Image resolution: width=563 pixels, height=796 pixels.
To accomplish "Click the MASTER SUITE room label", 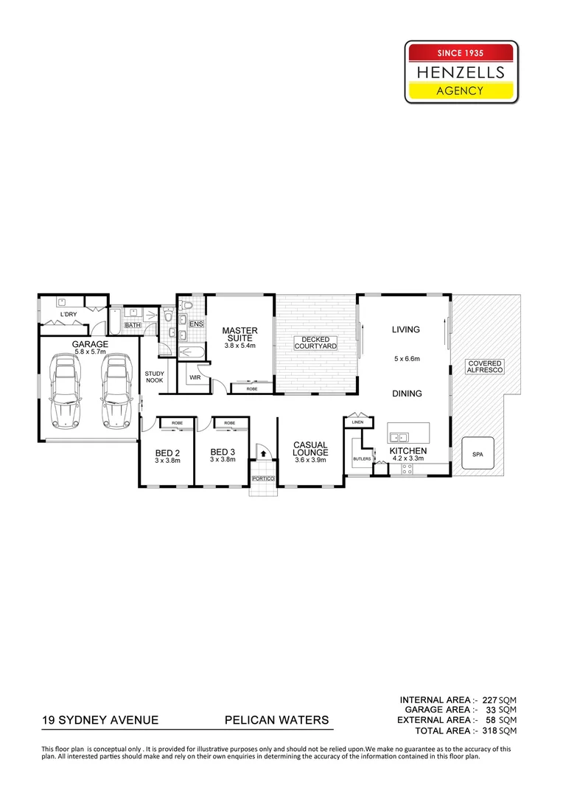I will [x=239, y=335].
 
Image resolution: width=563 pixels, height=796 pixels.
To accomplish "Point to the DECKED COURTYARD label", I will [x=315, y=343].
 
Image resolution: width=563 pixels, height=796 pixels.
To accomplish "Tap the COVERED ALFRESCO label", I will [x=484, y=366].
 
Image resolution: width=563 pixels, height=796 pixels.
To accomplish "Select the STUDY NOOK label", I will [x=155, y=377].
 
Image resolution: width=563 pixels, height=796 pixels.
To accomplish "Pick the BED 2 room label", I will [x=167, y=453].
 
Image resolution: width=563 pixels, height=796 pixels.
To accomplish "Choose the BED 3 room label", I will [x=222, y=453].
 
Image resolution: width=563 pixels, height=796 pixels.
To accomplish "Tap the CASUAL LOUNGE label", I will [x=310, y=448].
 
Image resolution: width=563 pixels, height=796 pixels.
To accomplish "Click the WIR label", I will [x=195, y=377].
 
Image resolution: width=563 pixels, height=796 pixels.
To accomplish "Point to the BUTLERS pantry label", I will [x=362, y=459].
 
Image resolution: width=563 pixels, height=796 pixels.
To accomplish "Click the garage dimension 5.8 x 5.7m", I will [x=90, y=352].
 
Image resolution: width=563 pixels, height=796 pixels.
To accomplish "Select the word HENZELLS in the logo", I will [x=461, y=71].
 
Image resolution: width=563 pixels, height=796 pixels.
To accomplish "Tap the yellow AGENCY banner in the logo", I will [x=461, y=91].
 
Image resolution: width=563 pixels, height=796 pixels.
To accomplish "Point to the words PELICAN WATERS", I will [x=276, y=720].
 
